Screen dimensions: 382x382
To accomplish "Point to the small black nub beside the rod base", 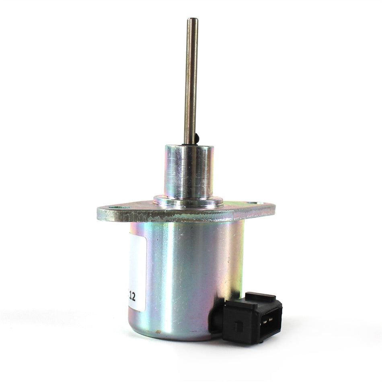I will [197, 139].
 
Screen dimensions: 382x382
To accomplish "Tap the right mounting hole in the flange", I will [254, 204].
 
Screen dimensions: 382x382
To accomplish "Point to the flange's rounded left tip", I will [99, 213].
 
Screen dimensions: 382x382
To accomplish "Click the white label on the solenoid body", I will [137, 273].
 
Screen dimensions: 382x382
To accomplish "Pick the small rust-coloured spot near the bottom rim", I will [158, 332].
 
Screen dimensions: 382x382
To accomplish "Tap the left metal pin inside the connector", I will [265, 320].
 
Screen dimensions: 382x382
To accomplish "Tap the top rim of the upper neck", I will [189, 147].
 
